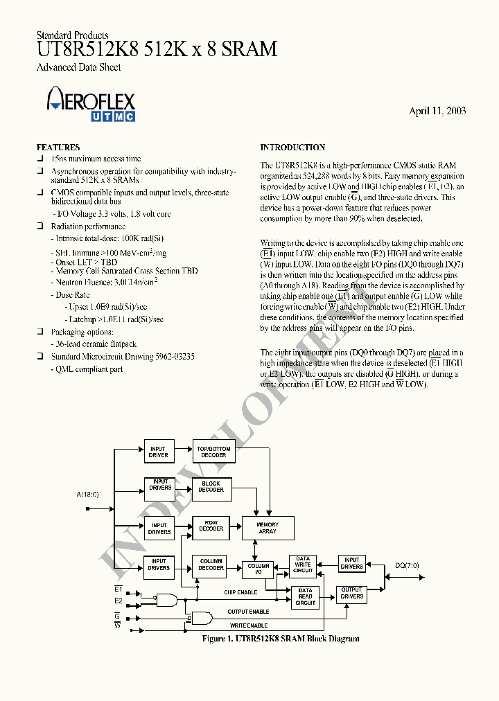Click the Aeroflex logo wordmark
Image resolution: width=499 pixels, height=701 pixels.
tap(91, 100)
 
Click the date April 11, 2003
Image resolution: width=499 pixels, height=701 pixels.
tap(437, 111)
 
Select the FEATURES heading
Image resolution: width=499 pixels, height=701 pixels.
tap(58, 148)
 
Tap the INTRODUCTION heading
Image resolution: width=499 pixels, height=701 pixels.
tap(292, 148)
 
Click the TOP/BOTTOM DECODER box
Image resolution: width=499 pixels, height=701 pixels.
tap(213, 452)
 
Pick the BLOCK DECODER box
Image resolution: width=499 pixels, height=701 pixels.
tap(211, 487)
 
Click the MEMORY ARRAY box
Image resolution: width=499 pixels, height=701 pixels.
tap(268, 529)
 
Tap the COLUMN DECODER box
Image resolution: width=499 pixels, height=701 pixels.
tap(211, 565)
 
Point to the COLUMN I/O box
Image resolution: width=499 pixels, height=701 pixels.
tap(259, 569)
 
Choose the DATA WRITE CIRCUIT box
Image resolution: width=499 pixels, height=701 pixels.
tap(304, 565)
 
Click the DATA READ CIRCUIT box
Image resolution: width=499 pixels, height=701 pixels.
tap(306, 596)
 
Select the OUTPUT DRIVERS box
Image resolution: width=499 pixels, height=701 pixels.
tap(352, 593)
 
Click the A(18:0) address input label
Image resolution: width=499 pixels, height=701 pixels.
tap(88, 494)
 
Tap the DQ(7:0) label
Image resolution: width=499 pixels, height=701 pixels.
tap(407, 565)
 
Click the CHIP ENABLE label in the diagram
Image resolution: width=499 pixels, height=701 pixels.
tap(240, 592)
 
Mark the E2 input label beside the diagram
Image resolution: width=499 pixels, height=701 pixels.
tap(119, 601)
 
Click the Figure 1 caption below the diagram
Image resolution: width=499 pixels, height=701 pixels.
tap(280, 639)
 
